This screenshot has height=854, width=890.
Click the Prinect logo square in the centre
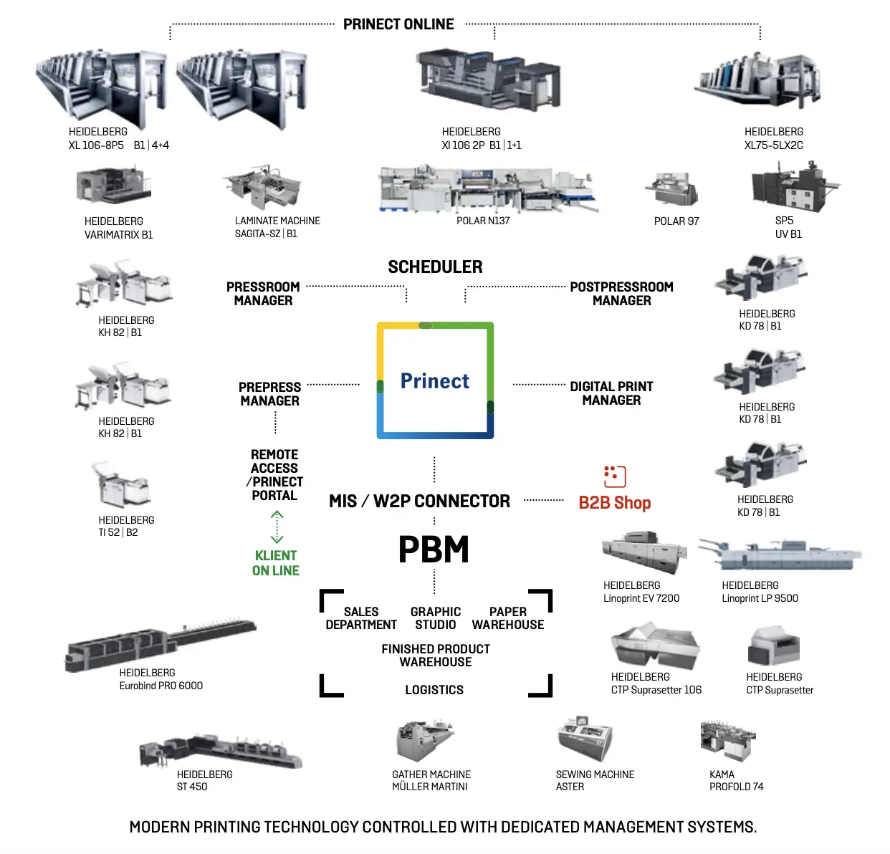point(435,380)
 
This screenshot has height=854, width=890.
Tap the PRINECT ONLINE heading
point(398,24)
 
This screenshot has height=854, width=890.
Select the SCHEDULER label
point(435,267)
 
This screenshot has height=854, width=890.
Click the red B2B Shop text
point(615,503)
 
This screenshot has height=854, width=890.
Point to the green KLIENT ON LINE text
point(276,563)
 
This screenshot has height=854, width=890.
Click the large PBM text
point(434,550)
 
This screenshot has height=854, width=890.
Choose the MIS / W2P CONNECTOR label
point(419,502)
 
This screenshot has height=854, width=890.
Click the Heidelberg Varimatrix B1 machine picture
point(113,186)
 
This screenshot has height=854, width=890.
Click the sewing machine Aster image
point(585,738)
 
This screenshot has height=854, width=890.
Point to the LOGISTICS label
point(434,690)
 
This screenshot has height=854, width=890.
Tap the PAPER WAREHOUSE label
point(508,618)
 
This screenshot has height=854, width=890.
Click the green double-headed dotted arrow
point(277,527)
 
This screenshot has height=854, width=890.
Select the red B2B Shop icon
point(615,476)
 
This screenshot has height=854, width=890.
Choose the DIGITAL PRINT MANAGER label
point(611,393)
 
